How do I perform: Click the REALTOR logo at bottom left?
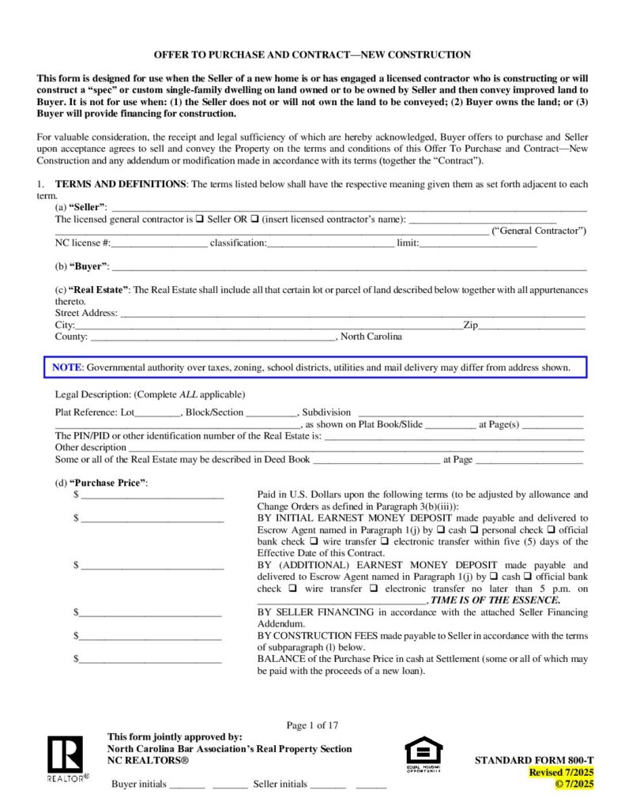pyautogui.click(x=66, y=758)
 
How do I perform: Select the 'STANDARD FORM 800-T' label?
pyautogui.click(x=533, y=760)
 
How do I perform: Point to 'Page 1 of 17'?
pyautogui.click(x=312, y=725)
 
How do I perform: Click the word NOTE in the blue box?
pyautogui.click(x=66, y=367)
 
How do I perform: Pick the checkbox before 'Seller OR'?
pyautogui.click(x=200, y=219)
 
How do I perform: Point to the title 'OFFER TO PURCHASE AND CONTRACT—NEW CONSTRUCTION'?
pyautogui.click(x=312, y=55)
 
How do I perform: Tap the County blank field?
pyautogui.click(x=213, y=337)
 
